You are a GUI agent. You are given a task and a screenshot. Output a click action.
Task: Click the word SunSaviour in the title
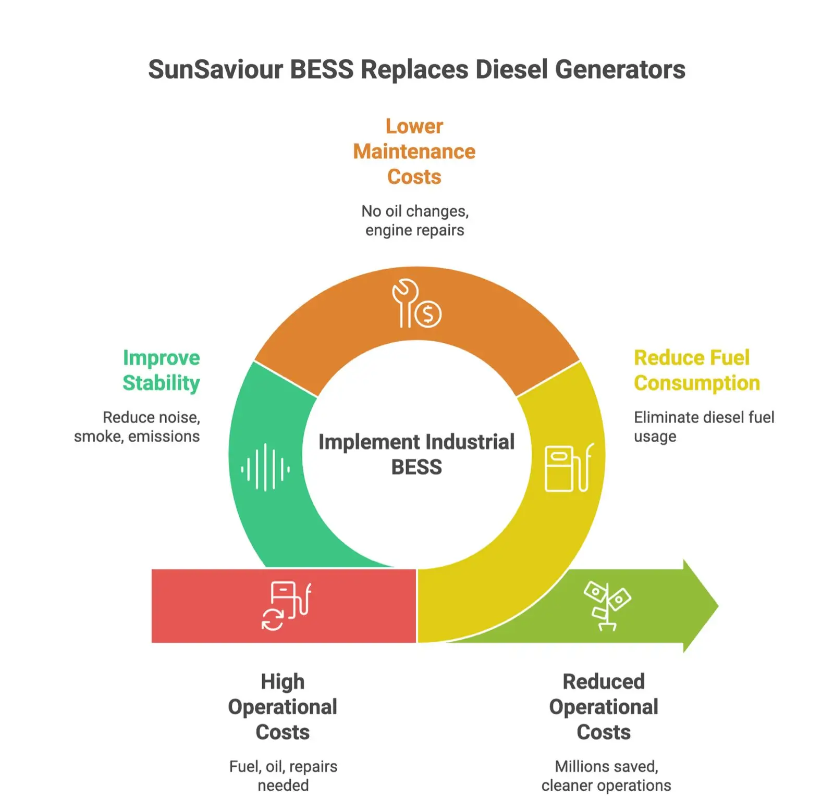(x=215, y=70)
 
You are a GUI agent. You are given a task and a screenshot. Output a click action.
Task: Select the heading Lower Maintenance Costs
(x=414, y=152)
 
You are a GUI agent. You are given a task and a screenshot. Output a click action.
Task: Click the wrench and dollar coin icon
(x=416, y=304)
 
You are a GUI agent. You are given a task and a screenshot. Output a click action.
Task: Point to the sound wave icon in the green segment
(x=265, y=467)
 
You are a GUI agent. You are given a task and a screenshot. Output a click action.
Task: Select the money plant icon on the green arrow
(x=607, y=606)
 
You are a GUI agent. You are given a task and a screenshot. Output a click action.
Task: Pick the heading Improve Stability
(x=161, y=370)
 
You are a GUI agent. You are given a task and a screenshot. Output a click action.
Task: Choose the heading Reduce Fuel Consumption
(x=696, y=370)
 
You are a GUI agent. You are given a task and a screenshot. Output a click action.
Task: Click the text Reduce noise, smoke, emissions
(x=138, y=427)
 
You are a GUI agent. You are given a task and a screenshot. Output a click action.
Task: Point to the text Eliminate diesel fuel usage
(x=704, y=427)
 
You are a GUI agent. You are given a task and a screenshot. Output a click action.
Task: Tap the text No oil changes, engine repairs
(x=415, y=220)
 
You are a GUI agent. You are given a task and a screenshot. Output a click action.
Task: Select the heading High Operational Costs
(x=283, y=707)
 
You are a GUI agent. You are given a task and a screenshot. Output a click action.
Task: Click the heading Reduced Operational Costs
(x=604, y=707)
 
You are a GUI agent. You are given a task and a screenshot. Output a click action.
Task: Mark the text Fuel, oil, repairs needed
(x=283, y=776)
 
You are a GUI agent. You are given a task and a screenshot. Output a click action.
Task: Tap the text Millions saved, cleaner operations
(x=606, y=776)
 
